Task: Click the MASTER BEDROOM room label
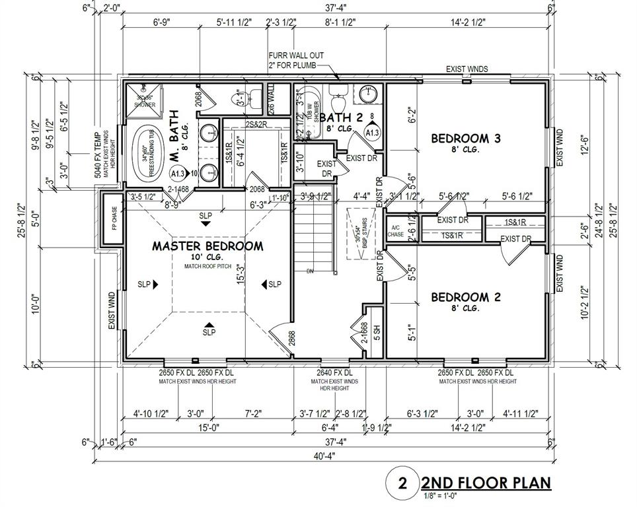pos(207,246)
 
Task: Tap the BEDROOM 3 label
pos(466,139)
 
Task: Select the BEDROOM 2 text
pos(465,297)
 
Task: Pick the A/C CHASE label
pos(395,229)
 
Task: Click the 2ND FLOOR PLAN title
pos(486,483)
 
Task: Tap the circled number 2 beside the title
pos(402,483)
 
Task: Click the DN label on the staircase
pos(311,271)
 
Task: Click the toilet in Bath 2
pos(338,101)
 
